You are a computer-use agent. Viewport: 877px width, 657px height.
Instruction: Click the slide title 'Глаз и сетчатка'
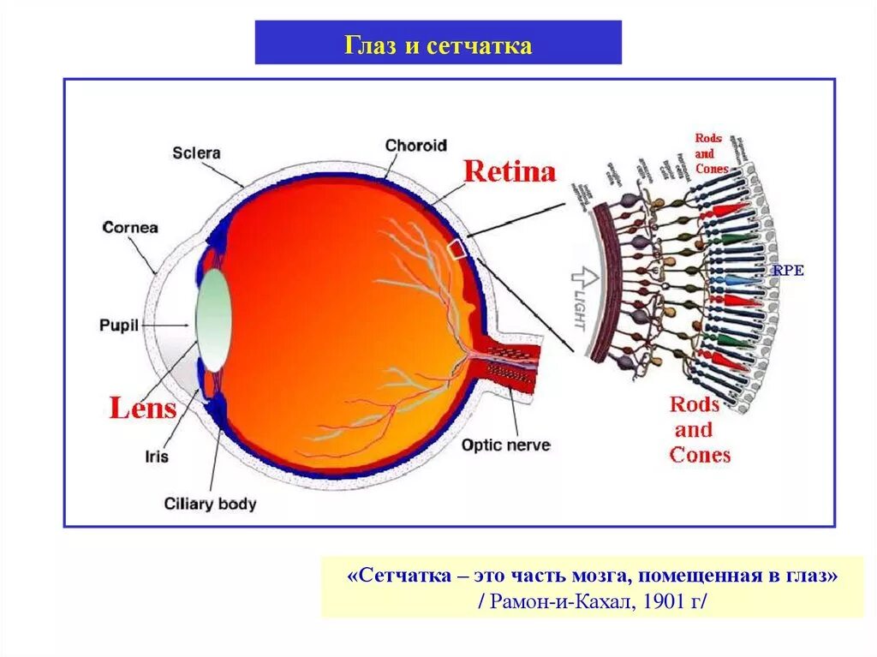click(438, 45)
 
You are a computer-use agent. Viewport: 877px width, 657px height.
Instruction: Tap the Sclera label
click(196, 153)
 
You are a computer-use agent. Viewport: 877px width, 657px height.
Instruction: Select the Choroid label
click(415, 146)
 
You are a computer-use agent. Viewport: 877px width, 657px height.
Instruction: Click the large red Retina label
click(510, 172)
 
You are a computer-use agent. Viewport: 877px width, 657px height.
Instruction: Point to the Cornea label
click(130, 228)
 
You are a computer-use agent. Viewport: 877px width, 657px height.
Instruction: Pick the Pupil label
click(118, 326)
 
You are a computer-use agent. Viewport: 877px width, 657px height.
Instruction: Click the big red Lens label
click(142, 408)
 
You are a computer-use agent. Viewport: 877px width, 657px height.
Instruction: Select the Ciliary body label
click(210, 504)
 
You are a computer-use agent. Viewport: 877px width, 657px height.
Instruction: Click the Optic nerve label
click(505, 445)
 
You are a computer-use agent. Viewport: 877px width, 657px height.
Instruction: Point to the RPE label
click(788, 271)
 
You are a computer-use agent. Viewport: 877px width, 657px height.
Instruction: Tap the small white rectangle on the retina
click(458, 248)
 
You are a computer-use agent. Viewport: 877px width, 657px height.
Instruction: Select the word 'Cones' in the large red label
click(700, 455)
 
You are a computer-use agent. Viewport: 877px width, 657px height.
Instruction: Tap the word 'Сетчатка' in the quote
click(402, 575)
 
